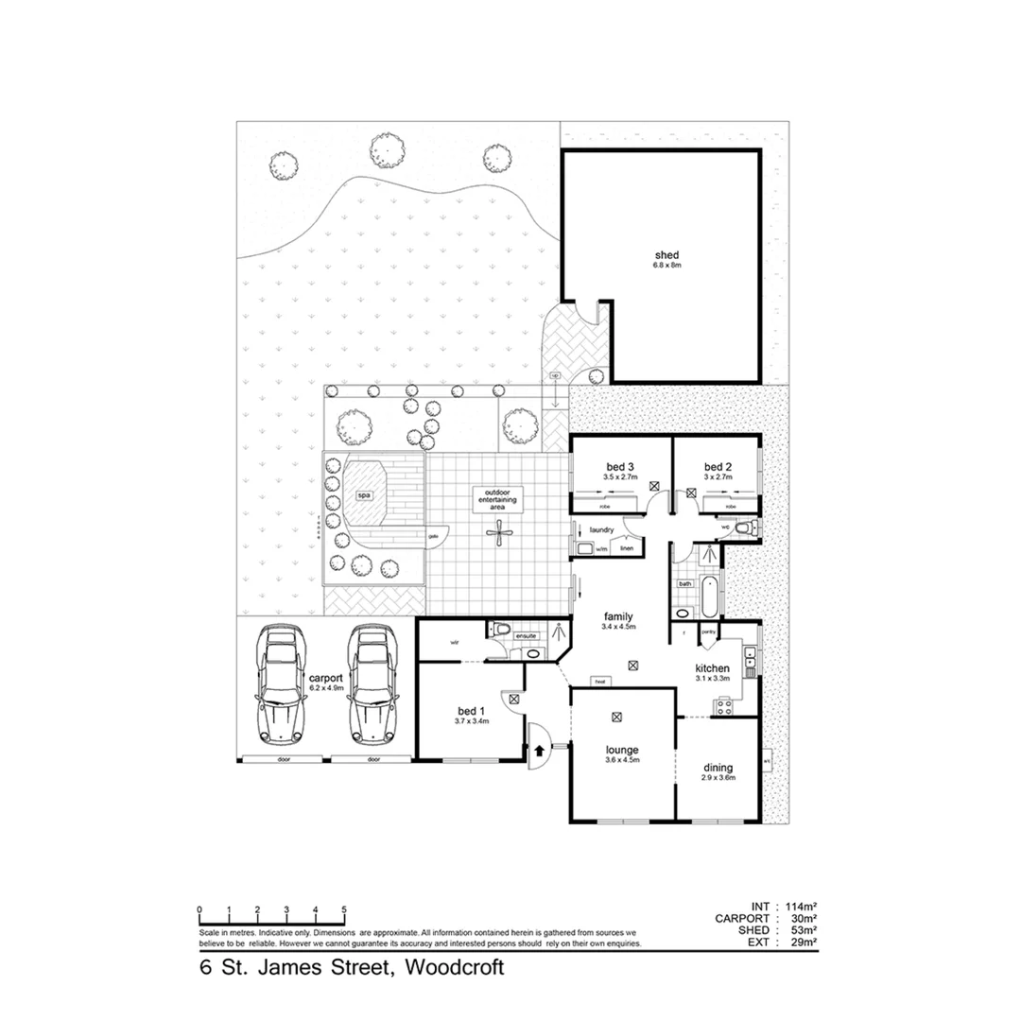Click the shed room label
coord(667,255)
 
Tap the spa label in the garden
coord(363,495)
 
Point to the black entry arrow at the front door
coord(540,751)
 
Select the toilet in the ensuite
coord(501,632)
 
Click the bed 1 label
coord(468,711)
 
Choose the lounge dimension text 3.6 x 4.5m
coord(622,759)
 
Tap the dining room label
coord(718,767)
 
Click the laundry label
coord(602,530)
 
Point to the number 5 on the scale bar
coord(344,911)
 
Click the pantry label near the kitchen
coord(708,631)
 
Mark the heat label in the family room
coord(599,681)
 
